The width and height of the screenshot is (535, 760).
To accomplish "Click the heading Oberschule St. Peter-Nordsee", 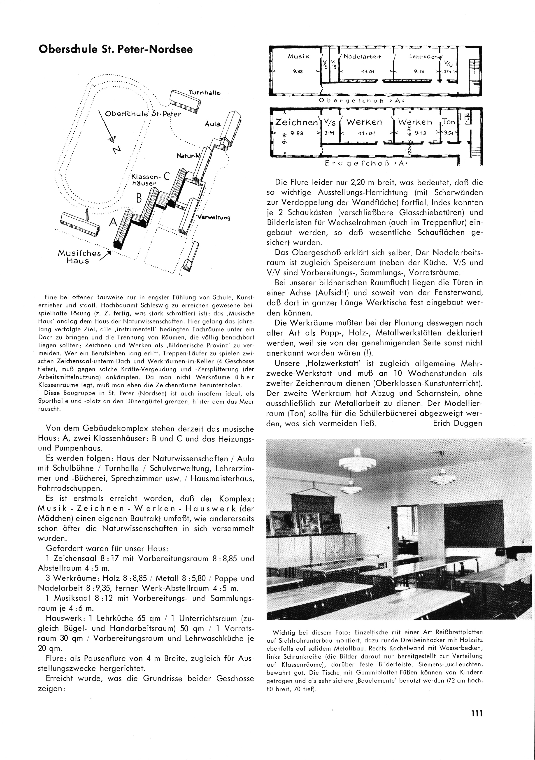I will [116, 49].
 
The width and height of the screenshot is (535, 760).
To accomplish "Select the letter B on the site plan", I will [139, 198].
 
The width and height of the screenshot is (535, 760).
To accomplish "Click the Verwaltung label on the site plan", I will [214, 217].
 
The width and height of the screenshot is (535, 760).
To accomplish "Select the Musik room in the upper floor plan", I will [299, 57].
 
